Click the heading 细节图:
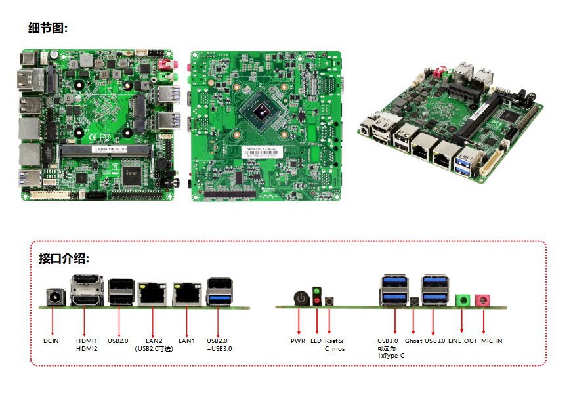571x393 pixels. [x=48, y=28]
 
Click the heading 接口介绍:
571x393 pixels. [x=64, y=259]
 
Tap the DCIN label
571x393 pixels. [x=51, y=341]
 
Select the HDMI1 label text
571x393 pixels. [x=87, y=341]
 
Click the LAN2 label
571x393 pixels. [x=154, y=341]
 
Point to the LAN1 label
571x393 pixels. [x=187, y=341]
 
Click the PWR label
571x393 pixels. [x=299, y=341]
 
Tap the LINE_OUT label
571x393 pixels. [x=463, y=341]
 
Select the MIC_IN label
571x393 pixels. [x=492, y=341]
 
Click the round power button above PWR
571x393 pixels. [x=300, y=299]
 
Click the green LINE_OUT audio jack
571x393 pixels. [x=463, y=300]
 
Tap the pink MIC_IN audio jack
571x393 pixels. [x=483, y=300]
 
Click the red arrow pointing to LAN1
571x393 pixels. [x=187, y=320]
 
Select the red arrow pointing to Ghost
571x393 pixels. [x=413, y=320]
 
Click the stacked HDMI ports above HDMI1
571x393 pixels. [x=85, y=291]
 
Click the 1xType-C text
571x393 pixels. [x=391, y=356]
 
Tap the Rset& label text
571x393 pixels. [x=334, y=341]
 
